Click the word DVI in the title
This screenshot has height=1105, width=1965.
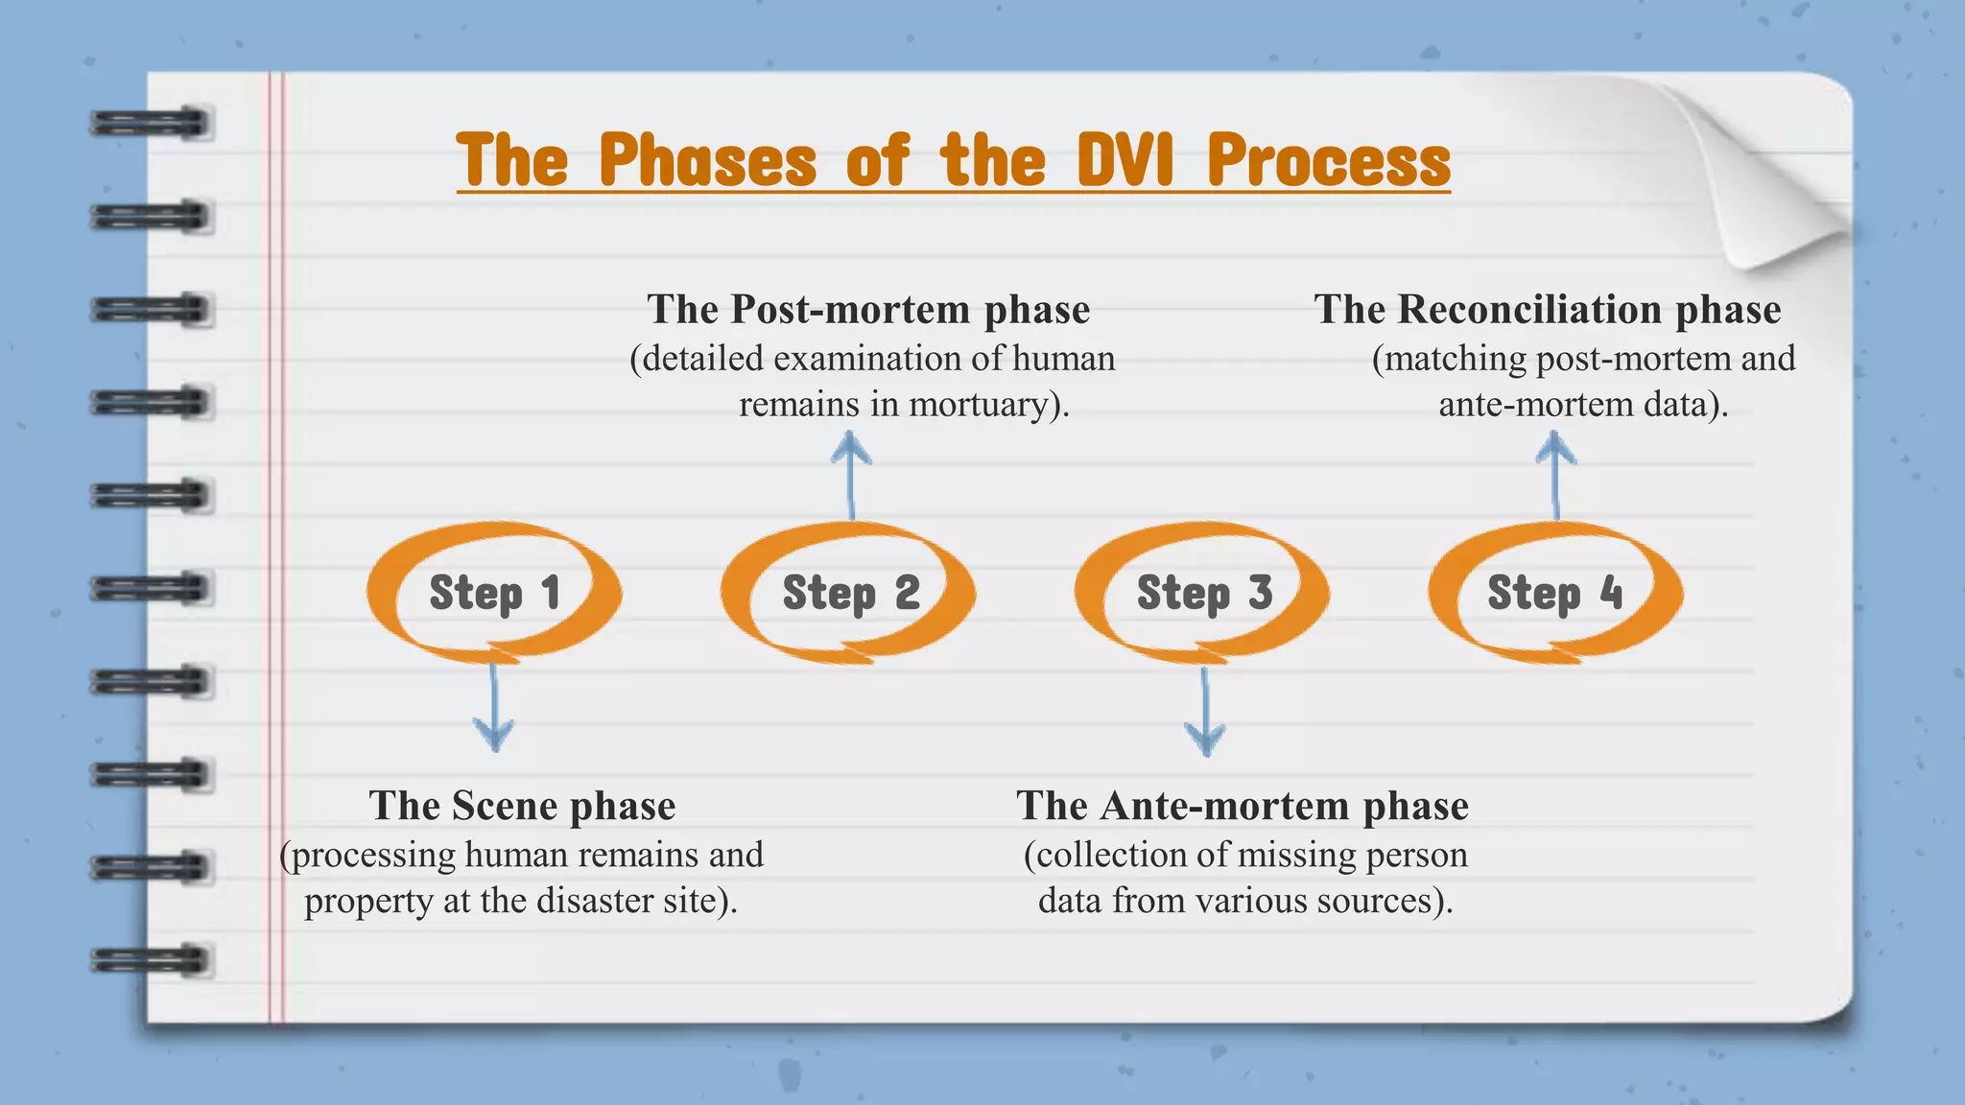point(1125,160)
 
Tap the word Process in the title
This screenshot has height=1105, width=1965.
point(1329,160)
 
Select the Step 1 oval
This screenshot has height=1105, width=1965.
point(494,592)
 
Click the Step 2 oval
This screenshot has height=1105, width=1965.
point(849,592)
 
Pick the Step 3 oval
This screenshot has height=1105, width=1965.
point(1203,592)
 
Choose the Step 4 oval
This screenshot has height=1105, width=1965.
point(1555,592)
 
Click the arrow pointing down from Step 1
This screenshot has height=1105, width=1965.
point(494,710)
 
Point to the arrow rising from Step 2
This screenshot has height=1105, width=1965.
point(850,475)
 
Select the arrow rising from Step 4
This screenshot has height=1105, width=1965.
point(1555,475)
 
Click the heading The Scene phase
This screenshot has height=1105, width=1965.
point(522,806)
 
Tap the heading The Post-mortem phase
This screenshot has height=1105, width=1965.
point(868,309)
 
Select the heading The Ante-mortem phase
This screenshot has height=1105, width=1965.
point(1243,806)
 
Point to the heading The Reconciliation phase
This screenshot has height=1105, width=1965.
point(1547,309)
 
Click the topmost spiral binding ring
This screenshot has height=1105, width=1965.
point(151,124)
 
